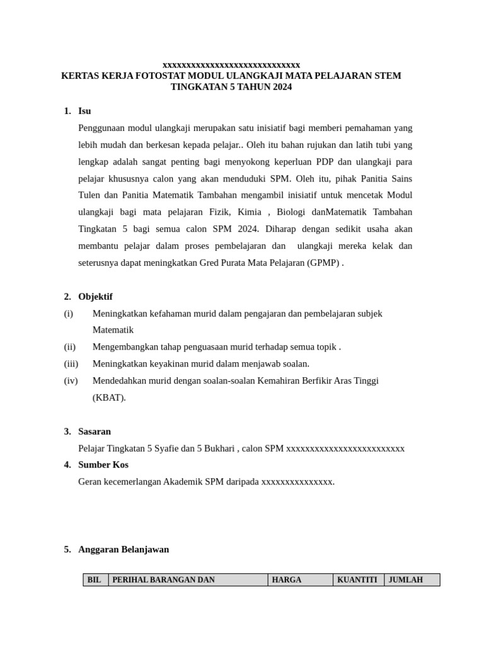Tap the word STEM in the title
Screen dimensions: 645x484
[388, 76]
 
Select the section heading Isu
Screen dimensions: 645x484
[84, 111]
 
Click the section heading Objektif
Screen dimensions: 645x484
[95, 297]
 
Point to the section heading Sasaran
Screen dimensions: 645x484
[95, 431]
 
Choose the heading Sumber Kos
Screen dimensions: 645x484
[103, 465]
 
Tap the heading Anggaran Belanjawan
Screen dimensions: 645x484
[124, 549]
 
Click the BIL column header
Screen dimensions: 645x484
[95, 580]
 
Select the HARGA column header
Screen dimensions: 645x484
[287, 580]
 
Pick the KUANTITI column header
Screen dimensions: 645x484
[357, 580]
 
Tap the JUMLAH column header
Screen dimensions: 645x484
[406, 580]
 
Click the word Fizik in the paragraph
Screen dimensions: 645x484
[223, 212]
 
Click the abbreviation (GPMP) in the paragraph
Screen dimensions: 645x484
[324, 263]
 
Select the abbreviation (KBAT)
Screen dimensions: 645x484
[109, 397]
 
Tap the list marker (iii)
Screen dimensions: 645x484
[71, 363]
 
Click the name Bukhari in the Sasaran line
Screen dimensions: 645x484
[218, 448]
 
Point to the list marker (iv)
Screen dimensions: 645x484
[71, 380]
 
